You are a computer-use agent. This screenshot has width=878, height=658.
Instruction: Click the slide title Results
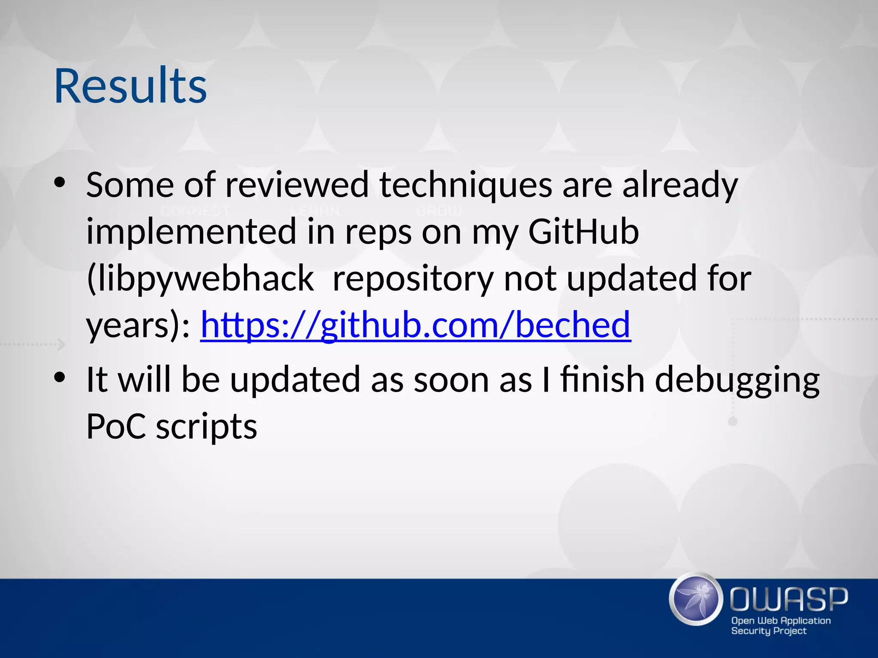[130, 87]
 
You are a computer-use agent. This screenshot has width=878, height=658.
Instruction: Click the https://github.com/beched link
[415, 325]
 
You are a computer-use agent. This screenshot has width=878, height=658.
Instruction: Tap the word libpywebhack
[200, 279]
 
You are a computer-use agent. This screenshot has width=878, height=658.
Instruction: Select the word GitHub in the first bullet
[583, 232]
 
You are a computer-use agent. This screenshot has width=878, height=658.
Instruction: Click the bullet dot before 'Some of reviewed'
[60, 183]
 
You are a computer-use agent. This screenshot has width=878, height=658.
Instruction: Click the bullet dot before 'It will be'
[60, 377]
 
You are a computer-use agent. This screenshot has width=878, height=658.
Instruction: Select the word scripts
[206, 428]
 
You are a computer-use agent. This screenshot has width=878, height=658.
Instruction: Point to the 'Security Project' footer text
[769, 631]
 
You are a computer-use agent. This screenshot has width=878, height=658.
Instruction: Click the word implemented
[191, 232]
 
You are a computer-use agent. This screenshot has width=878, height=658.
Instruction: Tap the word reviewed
[297, 185]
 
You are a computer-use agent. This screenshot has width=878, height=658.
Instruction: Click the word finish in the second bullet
[602, 380]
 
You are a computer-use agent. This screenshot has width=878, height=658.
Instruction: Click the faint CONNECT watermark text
[195, 211]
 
